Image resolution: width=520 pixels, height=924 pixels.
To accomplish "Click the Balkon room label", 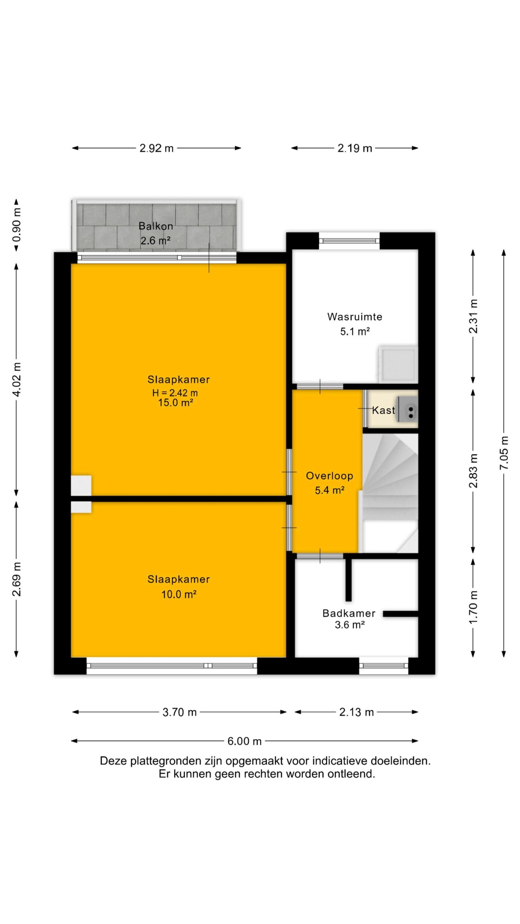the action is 156,226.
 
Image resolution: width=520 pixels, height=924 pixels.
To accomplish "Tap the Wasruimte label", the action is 355,317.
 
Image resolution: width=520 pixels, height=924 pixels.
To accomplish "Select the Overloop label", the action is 329,476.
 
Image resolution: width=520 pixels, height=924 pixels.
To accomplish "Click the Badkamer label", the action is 349,613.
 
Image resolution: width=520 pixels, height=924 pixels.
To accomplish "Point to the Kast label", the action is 383,410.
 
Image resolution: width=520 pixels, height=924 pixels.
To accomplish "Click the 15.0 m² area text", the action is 175,403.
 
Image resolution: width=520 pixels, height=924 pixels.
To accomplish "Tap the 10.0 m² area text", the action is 179,594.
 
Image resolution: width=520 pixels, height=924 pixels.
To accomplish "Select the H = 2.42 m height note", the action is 175,393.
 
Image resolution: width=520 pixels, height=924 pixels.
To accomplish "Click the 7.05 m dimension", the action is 504,453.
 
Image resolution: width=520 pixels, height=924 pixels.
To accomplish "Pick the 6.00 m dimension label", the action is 244,741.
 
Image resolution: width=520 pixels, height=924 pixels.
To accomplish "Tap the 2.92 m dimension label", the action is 157,148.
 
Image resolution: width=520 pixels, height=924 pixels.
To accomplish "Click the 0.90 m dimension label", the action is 17,225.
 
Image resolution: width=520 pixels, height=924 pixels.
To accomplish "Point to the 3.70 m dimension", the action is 179,712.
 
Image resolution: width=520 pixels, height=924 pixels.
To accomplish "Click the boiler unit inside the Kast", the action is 407,409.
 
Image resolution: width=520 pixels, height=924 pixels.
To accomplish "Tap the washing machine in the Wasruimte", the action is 398,364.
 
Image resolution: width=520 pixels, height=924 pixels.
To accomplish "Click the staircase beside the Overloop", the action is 390,493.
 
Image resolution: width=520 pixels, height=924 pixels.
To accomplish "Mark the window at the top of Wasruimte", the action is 349,241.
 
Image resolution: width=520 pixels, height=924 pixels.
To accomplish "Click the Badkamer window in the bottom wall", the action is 383,666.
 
